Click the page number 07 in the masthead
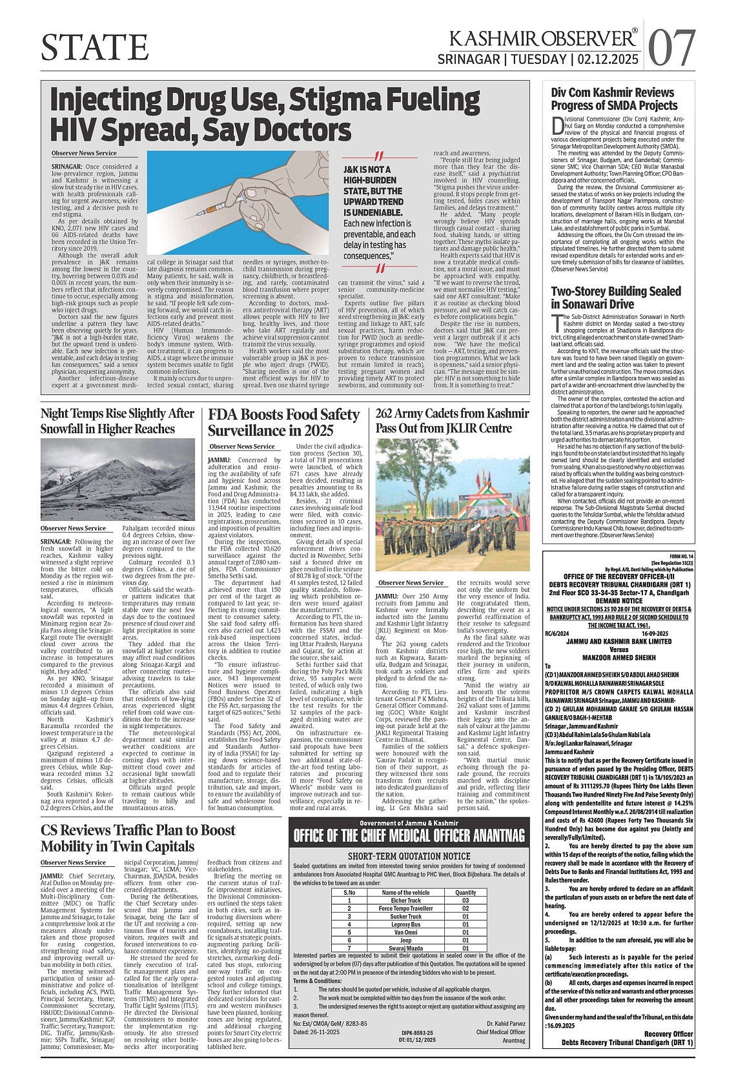pyautogui.click(x=671, y=48)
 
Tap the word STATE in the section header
pyautogui.click(x=95, y=46)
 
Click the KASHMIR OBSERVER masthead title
pyautogui.click(x=543, y=39)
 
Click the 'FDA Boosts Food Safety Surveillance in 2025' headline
pyautogui.click(x=283, y=422)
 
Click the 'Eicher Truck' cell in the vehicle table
pyautogui.click(x=405, y=900)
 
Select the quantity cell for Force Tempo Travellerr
pyautogui.click(x=465, y=908)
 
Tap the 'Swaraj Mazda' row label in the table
pyautogui.click(x=405, y=948)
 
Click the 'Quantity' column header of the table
pyautogui.click(x=465, y=892)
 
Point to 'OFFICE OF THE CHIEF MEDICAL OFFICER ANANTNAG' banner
pyautogui.click(x=409, y=836)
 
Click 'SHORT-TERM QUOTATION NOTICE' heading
pyautogui.click(x=409, y=856)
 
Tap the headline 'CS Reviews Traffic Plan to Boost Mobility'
pyautogui.click(x=138, y=838)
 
